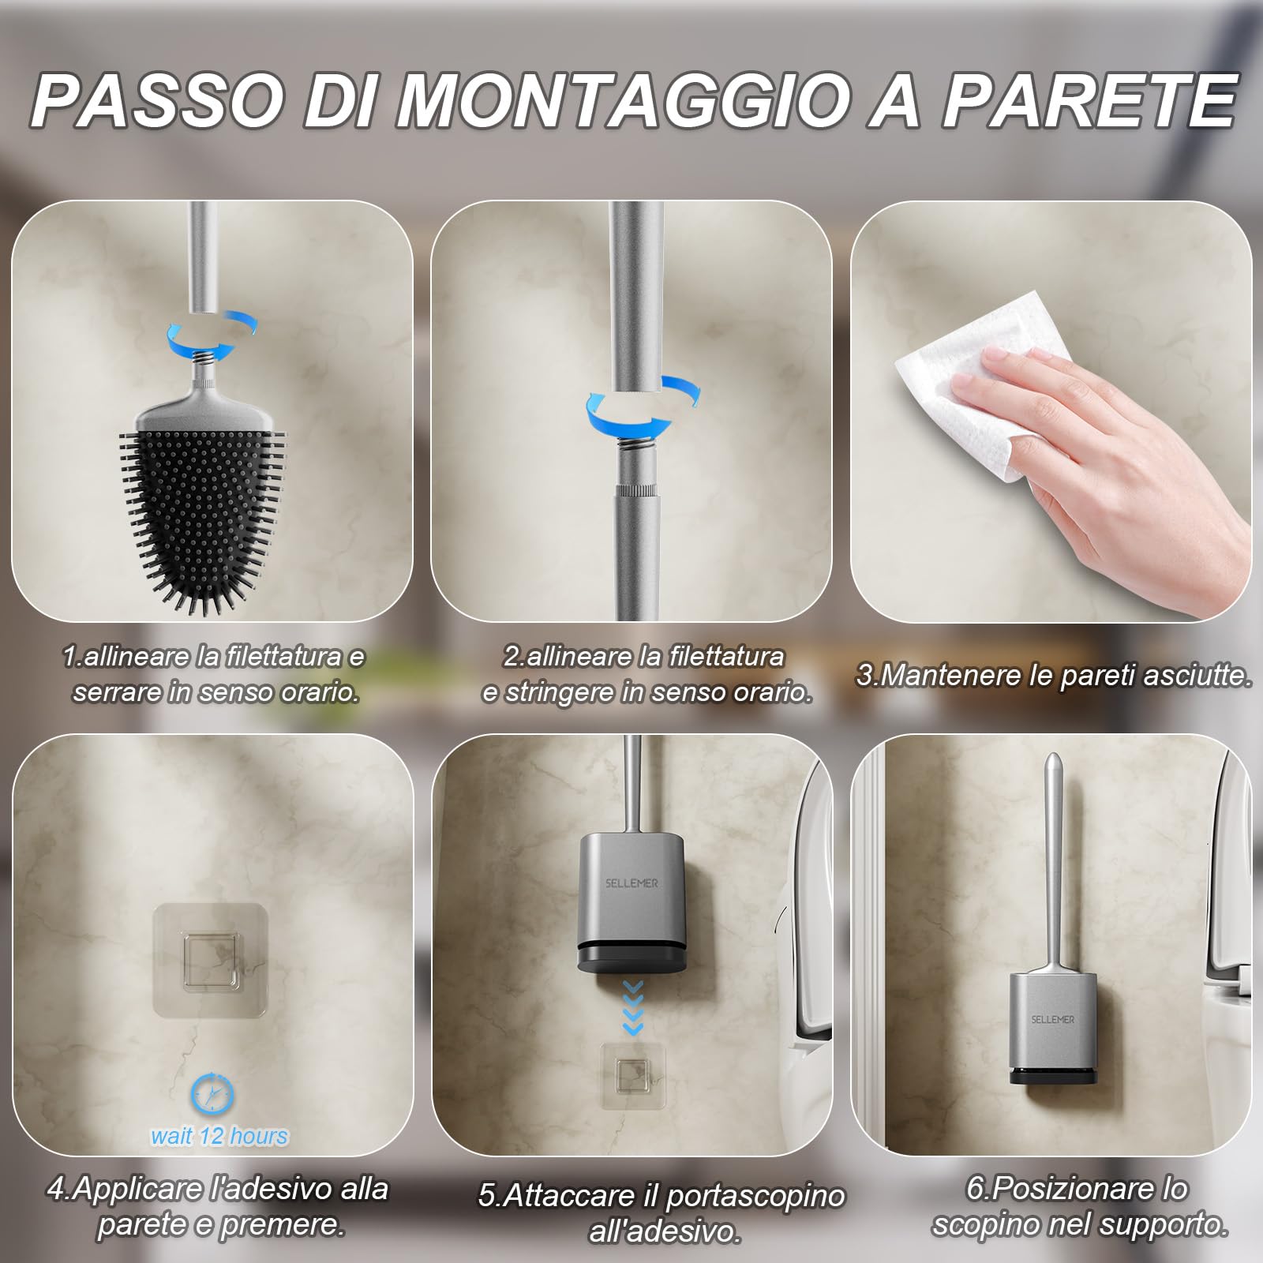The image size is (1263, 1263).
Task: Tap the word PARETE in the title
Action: [1089, 101]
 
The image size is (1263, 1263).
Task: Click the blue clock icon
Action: [212, 1094]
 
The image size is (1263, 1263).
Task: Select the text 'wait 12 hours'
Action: [219, 1136]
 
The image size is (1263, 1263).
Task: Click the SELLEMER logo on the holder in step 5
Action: [631, 883]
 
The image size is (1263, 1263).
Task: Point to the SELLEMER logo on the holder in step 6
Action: [1053, 1019]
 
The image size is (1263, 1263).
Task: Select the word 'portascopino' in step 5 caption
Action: [755, 1196]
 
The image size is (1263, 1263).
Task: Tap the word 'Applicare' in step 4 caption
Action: [137, 1189]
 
